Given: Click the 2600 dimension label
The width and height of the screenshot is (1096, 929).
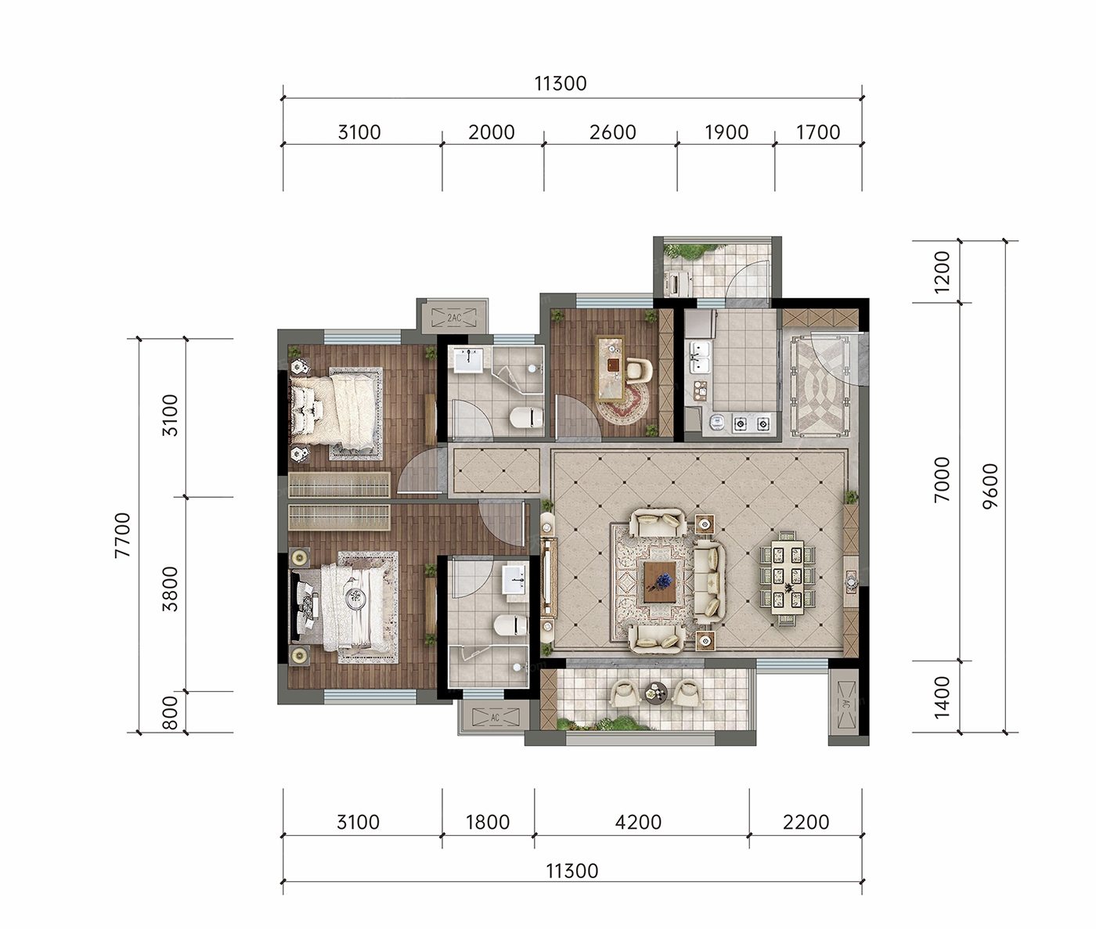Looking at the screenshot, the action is point(612,132).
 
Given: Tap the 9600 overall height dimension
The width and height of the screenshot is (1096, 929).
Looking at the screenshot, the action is point(990,486).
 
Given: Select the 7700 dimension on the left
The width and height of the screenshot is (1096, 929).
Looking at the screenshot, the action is point(122,535).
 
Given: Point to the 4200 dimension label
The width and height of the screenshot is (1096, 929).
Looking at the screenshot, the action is point(638,823).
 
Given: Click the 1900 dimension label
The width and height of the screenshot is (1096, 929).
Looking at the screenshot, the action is point(726,132).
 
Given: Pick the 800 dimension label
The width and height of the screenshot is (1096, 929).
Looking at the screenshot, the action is point(170,713).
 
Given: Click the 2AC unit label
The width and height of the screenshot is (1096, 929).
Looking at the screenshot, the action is point(454,318).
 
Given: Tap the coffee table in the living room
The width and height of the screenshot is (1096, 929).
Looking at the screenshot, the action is point(660,582).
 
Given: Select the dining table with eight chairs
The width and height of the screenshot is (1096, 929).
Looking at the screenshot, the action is point(788,577).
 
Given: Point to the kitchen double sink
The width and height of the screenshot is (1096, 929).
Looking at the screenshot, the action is point(699,357).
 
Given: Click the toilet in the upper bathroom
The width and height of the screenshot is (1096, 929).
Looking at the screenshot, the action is point(525,417).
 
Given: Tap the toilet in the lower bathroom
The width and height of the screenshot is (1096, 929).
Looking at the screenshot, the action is point(510,625).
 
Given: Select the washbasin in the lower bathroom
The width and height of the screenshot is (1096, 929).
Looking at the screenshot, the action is point(514,579).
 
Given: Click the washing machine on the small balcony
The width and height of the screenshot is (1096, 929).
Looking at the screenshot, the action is point(679,282).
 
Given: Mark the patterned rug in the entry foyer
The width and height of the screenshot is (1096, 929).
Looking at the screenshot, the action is point(820,386).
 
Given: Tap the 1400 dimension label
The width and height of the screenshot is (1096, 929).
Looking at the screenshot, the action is point(943,697).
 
